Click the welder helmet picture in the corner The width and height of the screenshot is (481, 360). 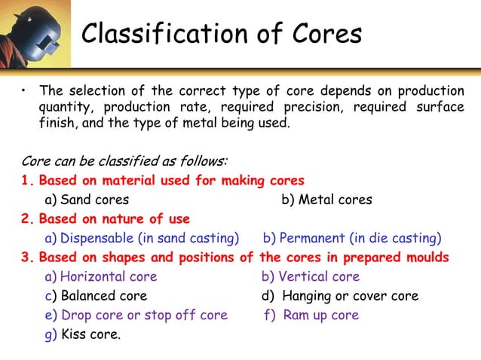pyautogui.click(x=35, y=34)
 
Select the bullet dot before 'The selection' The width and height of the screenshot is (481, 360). pyautogui.click(x=24, y=92)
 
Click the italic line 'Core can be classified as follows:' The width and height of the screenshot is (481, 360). pyautogui.click(x=124, y=161)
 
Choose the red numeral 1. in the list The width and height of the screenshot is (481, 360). pyautogui.click(x=28, y=181)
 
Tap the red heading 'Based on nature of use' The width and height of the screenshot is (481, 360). pyautogui.click(x=114, y=219)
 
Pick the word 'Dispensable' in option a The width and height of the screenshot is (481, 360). pyautogui.click(x=95, y=239)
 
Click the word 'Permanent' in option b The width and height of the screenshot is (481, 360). pyautogui.click(x=313, y=239)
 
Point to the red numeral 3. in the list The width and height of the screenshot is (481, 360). pyautogui.click(x=28, y=258)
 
